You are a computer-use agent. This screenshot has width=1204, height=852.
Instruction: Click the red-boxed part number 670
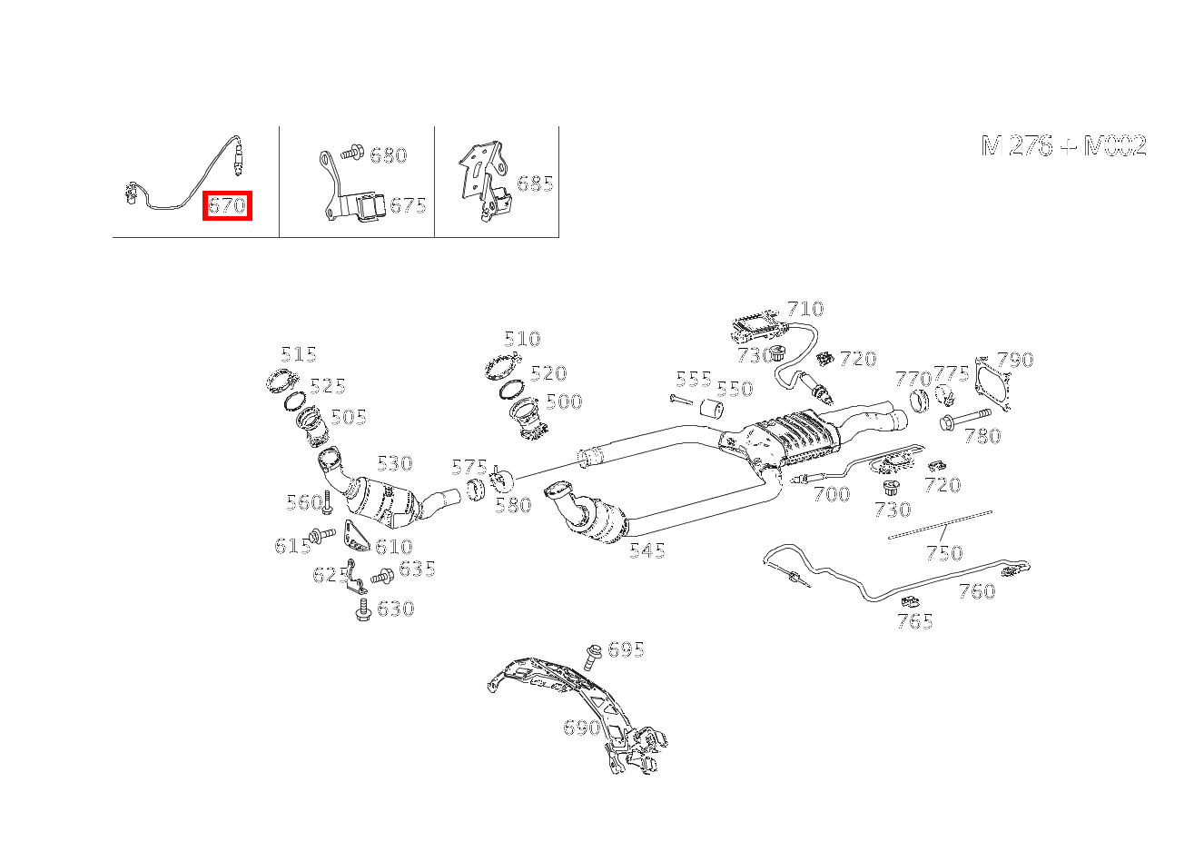click(227, 205)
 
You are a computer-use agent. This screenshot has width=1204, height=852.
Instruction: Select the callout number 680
click(389, 155)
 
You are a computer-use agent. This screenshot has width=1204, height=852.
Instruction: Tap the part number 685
click(535, 183)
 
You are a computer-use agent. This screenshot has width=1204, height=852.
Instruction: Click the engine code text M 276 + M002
click(1063, 145)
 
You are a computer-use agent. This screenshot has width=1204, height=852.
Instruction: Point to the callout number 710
click(805, 309)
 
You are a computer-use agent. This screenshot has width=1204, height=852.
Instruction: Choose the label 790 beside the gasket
click(1015, 360)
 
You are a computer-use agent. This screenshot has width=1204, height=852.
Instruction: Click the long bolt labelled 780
click(965, 420)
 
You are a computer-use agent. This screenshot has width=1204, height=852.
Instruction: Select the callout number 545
click(647, 550)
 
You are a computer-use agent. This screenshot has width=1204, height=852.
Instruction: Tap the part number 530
click(395, 463)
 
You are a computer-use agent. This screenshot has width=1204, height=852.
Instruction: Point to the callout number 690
click(582, 728)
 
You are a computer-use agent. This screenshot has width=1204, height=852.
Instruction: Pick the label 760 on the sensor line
click(978, 592)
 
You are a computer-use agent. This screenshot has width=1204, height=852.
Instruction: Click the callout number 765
click(915, 622)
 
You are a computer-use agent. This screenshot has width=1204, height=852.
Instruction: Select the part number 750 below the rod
click(945, 553)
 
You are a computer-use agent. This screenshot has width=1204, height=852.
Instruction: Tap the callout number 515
click(299, 355)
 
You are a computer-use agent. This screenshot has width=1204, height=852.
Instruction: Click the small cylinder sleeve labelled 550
click(712, 408)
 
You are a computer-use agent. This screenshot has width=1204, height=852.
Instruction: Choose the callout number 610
click(394, 547)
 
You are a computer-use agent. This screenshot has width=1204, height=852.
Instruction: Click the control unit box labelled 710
click(755, 324)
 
